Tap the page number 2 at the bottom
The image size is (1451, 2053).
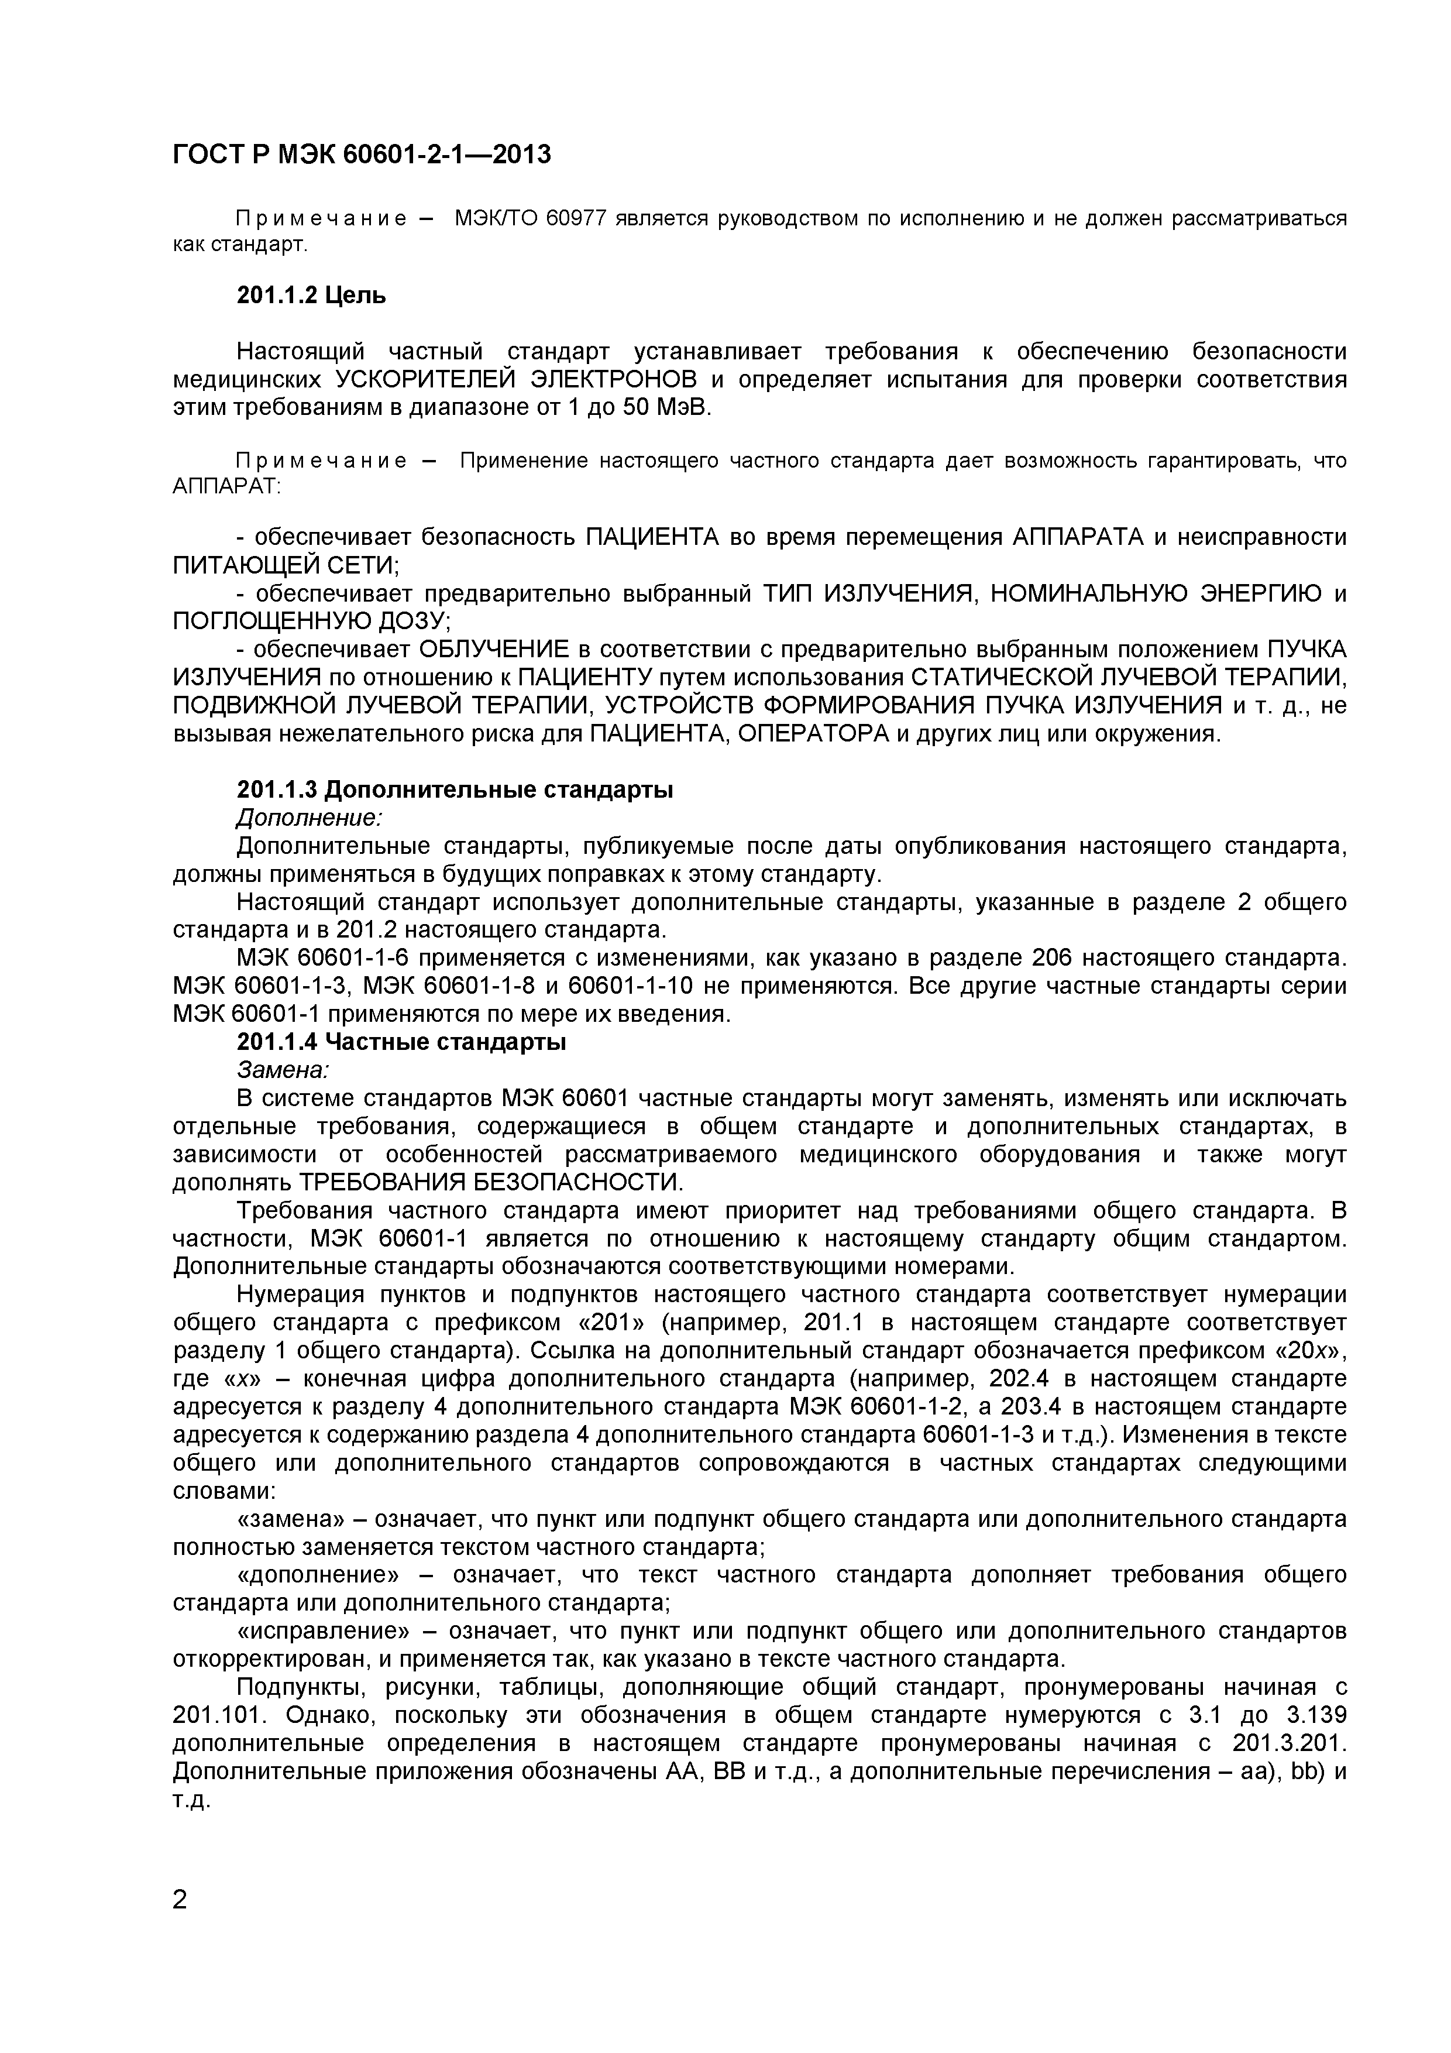tap(180, 1897)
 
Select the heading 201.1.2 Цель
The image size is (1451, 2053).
tap(311, 296)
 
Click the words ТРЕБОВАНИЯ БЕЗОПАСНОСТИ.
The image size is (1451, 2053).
tap(490, 1183)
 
